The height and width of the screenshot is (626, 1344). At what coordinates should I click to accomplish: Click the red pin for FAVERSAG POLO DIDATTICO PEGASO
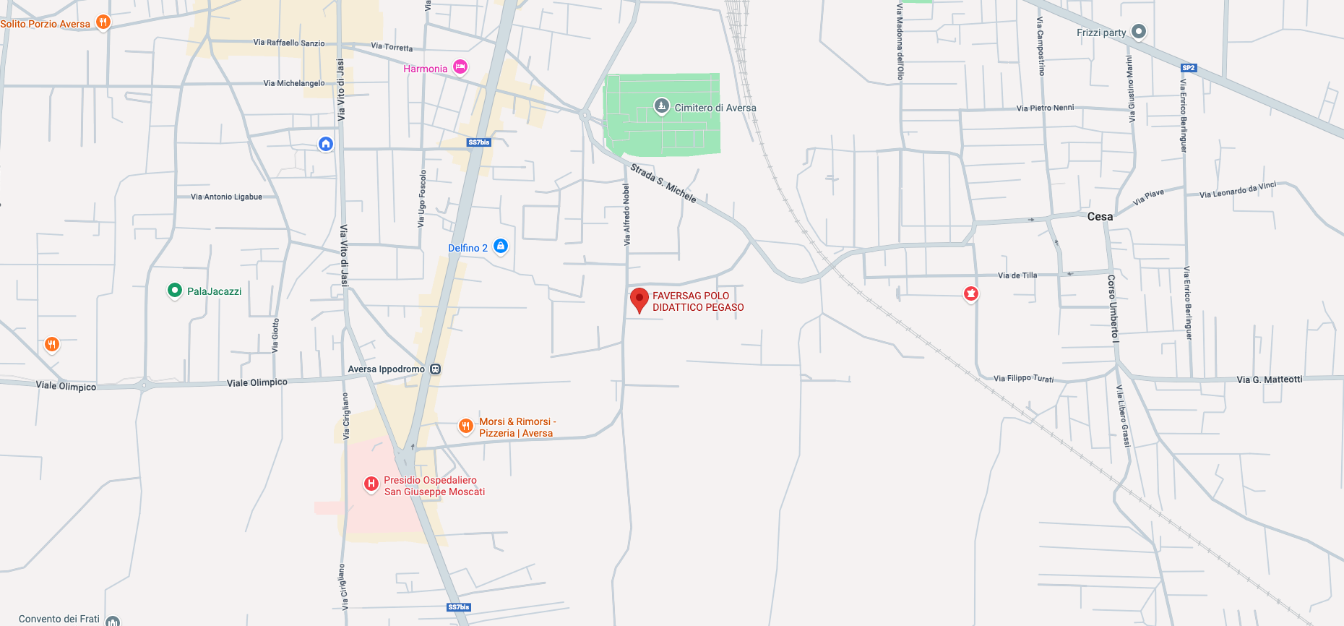[639, 299]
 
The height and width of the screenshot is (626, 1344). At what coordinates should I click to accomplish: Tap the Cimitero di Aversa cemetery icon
[661, 107]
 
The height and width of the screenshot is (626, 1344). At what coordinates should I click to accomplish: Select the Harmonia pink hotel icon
[460, 67]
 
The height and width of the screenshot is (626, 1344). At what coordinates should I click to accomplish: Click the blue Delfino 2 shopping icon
[501, 246]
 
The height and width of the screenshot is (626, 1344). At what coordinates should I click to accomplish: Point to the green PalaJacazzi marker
[174, 291]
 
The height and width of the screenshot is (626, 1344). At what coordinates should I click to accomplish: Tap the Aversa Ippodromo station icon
[435, 369]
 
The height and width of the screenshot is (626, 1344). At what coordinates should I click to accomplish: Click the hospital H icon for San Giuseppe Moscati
[371, 484]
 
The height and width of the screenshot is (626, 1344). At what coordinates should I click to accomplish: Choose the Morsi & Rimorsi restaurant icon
[466, 426]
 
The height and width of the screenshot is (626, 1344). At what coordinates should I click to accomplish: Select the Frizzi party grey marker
[1139, 32]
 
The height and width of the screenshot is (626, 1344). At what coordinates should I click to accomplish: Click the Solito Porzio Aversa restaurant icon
[103, 22]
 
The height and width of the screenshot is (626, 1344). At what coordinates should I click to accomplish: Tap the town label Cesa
[1100, 217]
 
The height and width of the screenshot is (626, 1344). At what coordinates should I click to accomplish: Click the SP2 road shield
[1189, 68]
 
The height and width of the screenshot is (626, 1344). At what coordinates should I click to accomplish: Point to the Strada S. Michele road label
[663, 184]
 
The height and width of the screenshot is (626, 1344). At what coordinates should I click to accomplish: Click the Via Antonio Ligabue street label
[226, 197]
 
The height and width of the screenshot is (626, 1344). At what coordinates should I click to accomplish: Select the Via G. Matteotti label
[1269, 380]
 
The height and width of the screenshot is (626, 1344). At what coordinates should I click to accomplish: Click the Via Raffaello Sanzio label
[289, 43]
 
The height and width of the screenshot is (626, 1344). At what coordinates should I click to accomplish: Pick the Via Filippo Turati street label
[1023, 378]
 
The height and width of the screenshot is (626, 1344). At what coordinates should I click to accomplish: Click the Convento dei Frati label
[59, 619]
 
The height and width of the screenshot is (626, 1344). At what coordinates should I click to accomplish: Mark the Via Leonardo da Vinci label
[1238, 190]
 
